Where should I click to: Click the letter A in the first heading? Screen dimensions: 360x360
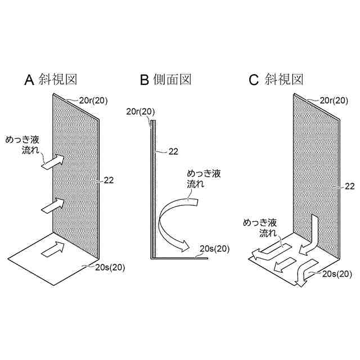29,80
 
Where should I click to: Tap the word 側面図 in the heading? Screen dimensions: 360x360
172,80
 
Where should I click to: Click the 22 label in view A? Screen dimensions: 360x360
109,180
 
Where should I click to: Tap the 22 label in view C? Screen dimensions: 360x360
349,186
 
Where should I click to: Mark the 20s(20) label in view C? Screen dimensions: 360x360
337,274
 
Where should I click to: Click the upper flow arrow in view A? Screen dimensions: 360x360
53,163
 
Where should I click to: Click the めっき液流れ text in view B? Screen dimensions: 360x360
202,179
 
